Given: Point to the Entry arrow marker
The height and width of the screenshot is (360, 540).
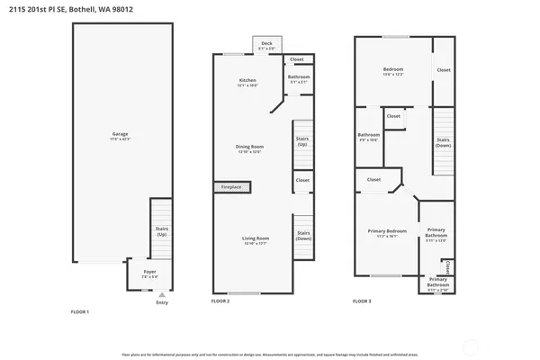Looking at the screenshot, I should pos(161,294).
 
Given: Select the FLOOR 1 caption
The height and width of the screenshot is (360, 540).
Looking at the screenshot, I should pos(80,311).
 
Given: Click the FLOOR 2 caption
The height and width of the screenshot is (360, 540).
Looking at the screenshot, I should pos(220,301).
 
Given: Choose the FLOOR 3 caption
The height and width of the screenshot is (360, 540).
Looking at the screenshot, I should pos(362,301).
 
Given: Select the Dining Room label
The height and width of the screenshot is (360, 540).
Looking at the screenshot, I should pos(249,148).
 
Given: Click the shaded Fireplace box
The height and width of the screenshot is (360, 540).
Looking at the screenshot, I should pos(232,186).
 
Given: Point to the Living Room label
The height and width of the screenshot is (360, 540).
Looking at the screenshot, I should pos(256,239).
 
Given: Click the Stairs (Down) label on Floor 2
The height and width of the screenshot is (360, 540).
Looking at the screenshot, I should pos(303,236).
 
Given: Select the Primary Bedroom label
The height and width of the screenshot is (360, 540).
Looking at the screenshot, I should pos(388,232).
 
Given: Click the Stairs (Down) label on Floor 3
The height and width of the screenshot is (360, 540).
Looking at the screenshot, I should pos(443,141).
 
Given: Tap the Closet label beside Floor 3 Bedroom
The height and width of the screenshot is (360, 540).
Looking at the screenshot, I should pos(444,69).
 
